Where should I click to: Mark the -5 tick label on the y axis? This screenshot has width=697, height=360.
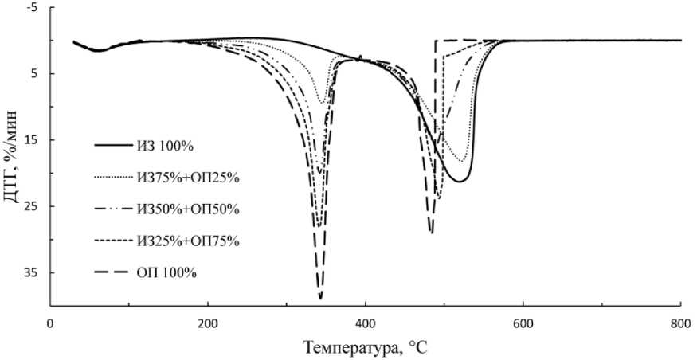(31, 8)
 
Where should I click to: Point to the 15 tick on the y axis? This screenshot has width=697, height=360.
(31, 140)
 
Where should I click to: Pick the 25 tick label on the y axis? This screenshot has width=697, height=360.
(31, 206)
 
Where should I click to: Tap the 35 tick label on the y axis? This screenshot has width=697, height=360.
(31, 272)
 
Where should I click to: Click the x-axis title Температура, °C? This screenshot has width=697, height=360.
(366, 347)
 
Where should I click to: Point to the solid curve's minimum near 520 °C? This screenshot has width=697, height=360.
(460, 182)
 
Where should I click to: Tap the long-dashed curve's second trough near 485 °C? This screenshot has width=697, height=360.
(432, 233)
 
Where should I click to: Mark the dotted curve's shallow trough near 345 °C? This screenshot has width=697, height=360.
(322, 102)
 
